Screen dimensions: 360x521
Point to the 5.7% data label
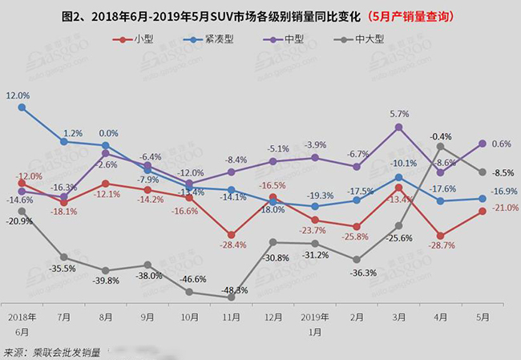[x=399, y=114]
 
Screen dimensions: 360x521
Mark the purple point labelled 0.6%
[x=483, y=144]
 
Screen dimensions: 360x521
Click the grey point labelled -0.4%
[x=441, y=146]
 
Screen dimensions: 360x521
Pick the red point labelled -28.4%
[x=231, y=233]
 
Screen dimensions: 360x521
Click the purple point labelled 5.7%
[x=399, y=127]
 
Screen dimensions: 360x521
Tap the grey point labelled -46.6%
[x=189, y=292]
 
